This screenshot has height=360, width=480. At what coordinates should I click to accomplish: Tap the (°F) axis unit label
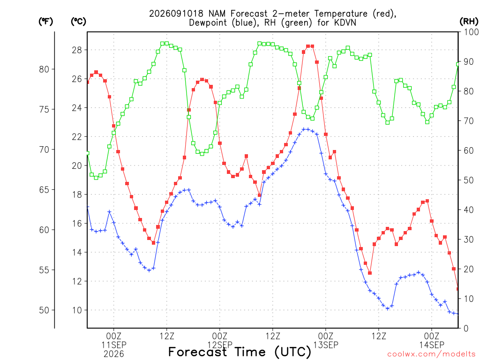[x=45, y=22]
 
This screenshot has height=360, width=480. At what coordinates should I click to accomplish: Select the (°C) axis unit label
[x=78, y=22]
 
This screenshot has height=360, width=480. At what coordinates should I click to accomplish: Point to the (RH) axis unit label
[x=469, y=22]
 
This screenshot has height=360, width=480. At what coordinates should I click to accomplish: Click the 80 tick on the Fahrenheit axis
[x=44, y=69]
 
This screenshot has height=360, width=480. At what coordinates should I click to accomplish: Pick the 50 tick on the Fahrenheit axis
[x=44, y=310]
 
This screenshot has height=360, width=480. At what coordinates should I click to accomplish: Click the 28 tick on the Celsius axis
[x=77, y=50]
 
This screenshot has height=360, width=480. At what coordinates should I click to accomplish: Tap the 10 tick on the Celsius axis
[x=77, y=310]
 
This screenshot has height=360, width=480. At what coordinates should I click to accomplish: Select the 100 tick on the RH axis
[x=471, y=32]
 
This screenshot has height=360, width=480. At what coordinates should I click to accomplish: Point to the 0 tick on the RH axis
[x=466, y=329]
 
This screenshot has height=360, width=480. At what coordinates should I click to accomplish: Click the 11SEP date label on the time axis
[x=114, y=345]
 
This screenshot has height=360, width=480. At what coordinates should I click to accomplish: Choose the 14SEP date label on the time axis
[x=432, y=345]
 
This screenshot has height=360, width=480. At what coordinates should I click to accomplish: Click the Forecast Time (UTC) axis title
[x=240, y=352]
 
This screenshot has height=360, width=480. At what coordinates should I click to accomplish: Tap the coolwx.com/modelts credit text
[x=433, y=354]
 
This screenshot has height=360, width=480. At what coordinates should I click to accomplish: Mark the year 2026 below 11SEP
[x=114, y=354]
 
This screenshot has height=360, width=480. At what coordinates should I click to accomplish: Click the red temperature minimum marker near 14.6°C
[x=154, y=243]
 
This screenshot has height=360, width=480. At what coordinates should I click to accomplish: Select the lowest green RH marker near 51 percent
[x=96, y=178]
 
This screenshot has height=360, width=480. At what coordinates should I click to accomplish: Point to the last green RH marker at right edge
[x=458, y=64]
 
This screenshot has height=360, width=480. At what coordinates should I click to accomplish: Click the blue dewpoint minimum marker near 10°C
[x=388, y=308]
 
